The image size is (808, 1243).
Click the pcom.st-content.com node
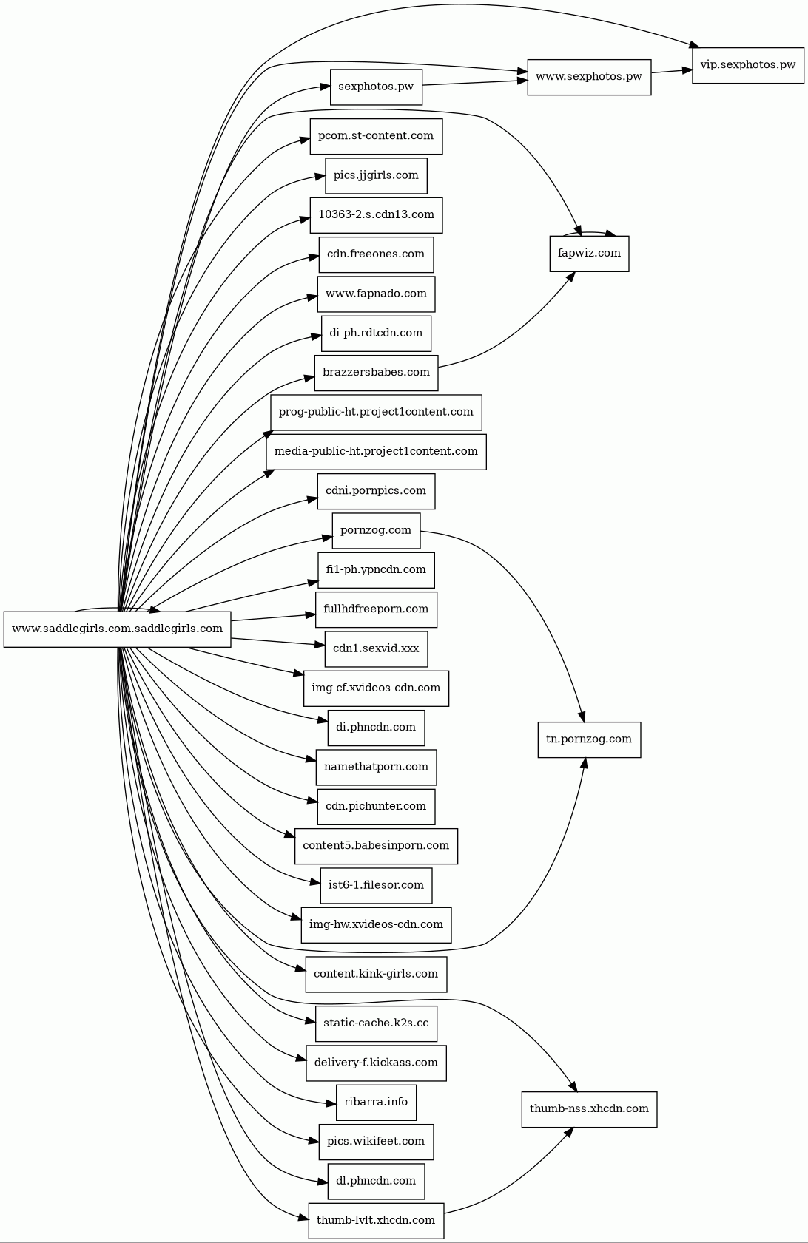click(376, 137)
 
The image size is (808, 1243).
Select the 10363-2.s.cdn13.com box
click(376, 215)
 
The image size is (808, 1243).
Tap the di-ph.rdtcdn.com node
click(376, 333)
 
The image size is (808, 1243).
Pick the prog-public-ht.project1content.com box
click(376, 412)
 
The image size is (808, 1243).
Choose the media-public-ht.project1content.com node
click(376, 451)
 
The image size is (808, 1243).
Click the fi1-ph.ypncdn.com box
click(376, 570)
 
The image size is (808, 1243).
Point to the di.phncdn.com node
click(376, 728)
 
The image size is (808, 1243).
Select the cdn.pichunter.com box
click(376, 806)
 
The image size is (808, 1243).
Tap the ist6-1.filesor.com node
click(376, 885)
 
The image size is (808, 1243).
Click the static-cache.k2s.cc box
click(376, 1023)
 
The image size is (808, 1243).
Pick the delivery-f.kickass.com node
click(376, 1063)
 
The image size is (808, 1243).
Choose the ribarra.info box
click(376, 1103)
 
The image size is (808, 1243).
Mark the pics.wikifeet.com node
click(376, 1142)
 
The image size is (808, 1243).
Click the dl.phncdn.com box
click(376, 1181)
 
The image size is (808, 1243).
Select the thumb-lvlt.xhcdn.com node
click(376, 1220)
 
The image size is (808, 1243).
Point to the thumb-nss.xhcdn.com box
click(589, 1109)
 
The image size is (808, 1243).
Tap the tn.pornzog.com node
click(589, 739)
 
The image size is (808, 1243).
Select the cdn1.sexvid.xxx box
click(376, 648)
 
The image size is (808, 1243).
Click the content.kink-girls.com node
click(376, 974)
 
